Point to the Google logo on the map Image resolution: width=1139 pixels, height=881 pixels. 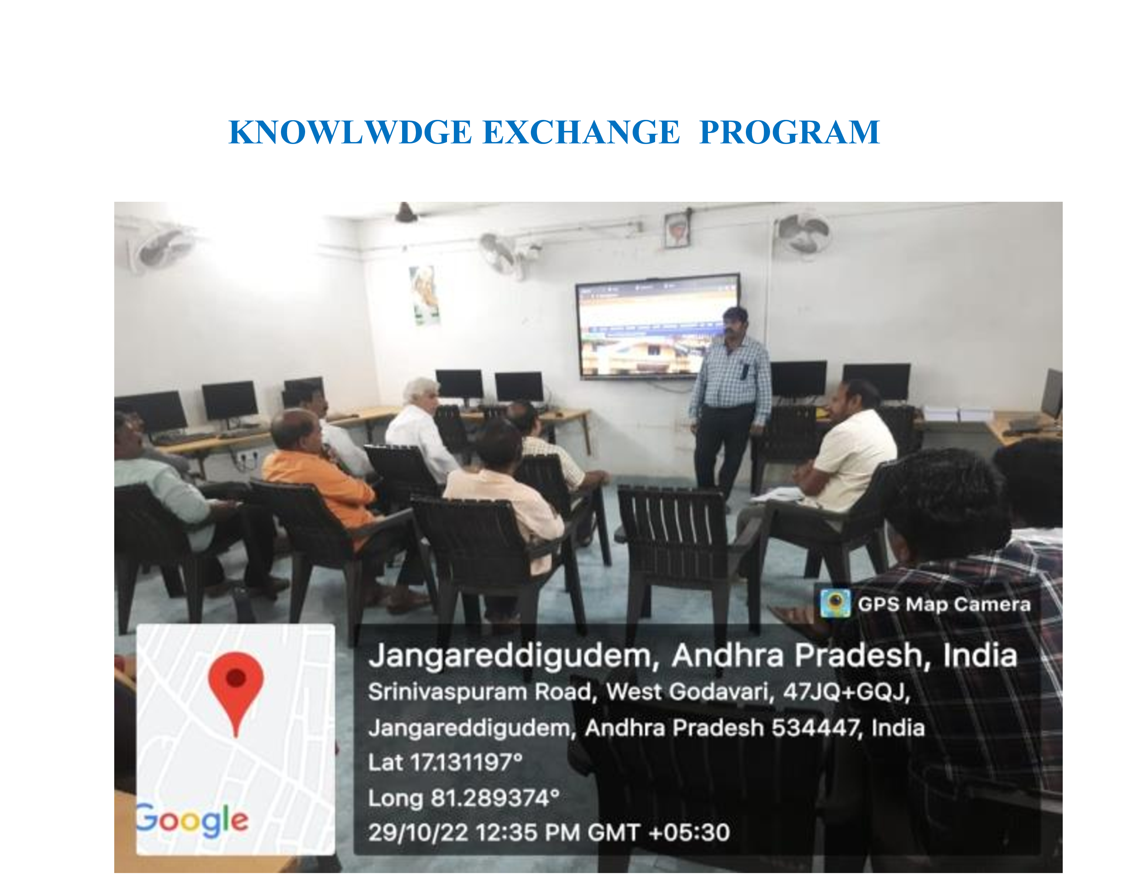192,821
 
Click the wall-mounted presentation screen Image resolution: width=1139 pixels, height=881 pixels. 657,326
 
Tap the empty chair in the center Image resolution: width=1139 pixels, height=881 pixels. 678,553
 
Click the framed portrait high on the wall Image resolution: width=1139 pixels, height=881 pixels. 676,230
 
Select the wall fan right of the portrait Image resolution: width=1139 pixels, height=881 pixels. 803,234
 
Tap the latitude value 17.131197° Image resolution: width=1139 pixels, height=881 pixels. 466,762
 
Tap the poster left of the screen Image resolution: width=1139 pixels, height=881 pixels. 425,295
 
